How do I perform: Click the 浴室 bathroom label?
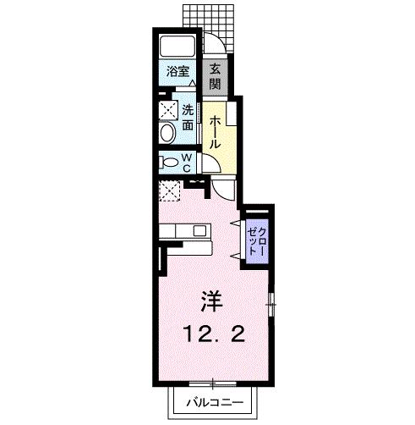(177, 73)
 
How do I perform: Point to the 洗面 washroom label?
(188, 115)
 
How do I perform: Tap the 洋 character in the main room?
(211, 301)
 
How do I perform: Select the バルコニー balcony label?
(215, 403)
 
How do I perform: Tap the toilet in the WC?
(170, 162)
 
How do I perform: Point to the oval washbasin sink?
(167, 132)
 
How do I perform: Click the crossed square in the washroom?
(167, 109)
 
